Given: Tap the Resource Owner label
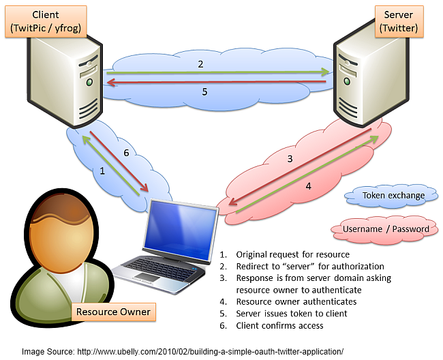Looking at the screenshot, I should click(113, 313).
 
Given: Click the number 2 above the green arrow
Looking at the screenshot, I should click(200, 64).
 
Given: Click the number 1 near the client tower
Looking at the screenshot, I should click(103, 171).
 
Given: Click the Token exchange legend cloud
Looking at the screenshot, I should click(393, 196).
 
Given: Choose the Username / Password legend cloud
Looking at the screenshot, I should click(385, 228).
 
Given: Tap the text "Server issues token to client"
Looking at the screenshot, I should click(291, 314).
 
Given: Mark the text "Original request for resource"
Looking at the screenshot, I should click(292, 254).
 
